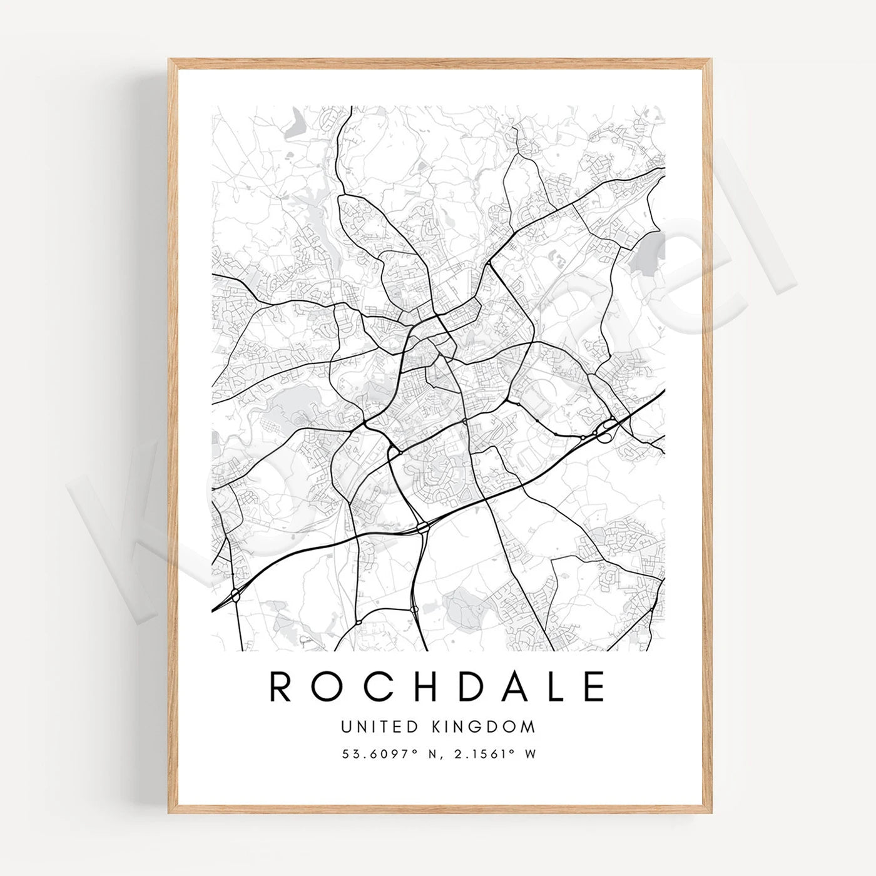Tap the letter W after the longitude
click(531, 755)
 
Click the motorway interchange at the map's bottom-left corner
click(235, 594)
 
